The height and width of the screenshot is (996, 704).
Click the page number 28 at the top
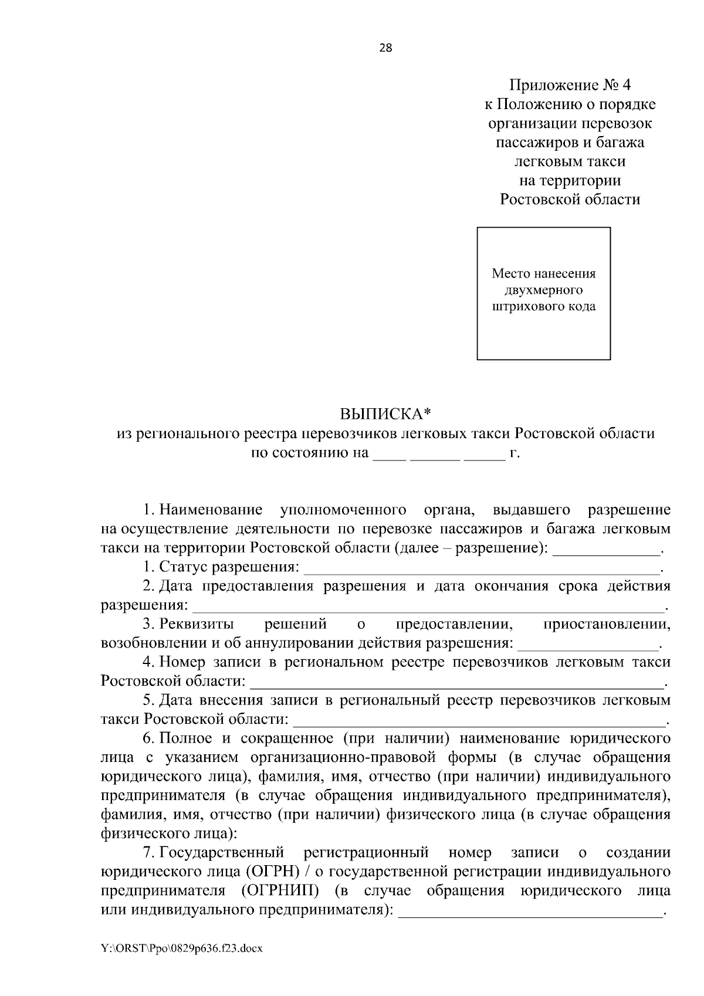[386, 48]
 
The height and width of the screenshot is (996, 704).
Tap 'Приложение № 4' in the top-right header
[570, 86]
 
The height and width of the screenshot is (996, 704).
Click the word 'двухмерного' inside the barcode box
[543, 290]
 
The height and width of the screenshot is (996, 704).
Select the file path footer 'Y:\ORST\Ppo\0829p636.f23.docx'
[182, 948]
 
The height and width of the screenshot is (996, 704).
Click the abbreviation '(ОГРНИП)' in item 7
[279, 890]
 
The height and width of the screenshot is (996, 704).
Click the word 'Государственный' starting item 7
[221, 852]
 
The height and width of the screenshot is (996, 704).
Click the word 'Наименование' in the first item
[211, 509]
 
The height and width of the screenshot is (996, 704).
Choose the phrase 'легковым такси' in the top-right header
[570, 161]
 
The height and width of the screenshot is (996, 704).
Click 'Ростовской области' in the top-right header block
[570, 199]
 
